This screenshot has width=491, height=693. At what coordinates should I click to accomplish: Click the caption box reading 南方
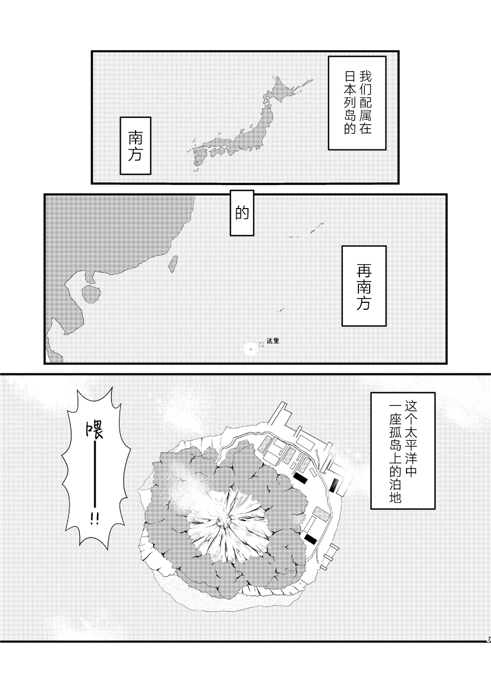pyautogui.click(x=136, y=146)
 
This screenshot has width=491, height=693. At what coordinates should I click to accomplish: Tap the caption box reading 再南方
pyautogui.click(x=364, y=286)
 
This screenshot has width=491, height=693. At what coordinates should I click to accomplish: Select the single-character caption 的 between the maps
pyautogui.click(x=242, y=213)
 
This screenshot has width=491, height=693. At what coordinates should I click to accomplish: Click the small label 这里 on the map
pyautogui.click(x=273, y=341)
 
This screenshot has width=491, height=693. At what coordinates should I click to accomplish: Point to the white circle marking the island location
pyautogui.click(x=250, y=350)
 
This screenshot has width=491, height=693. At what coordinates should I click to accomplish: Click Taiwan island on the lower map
pyautogui.click(x=173, y=264)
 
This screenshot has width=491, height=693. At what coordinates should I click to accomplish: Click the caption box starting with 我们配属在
pyautogui.click(x=357, y=103)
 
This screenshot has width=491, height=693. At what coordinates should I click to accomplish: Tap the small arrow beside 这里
pyautogui.click(x=262, y=344)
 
